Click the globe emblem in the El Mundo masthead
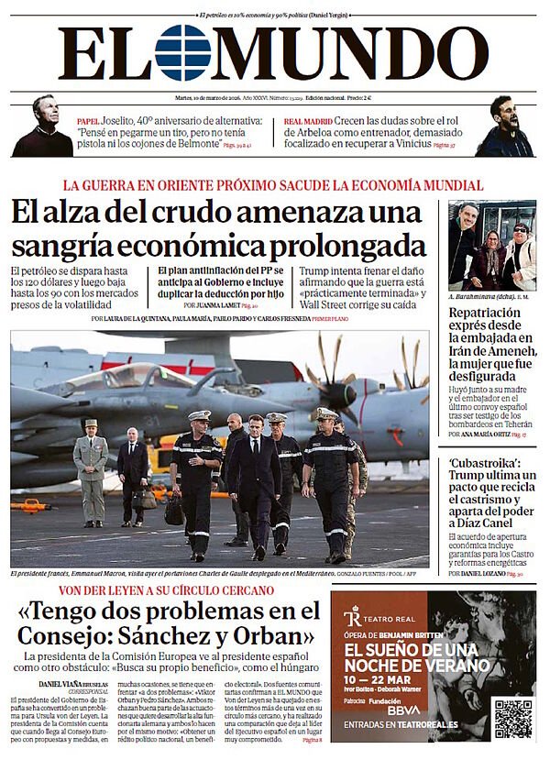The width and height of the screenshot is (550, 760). coord(182,52)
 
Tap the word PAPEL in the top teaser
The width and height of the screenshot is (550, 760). coord(87,120)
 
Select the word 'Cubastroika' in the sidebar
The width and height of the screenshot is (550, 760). coord(485,463)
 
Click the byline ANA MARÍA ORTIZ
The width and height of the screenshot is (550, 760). coord(484,435)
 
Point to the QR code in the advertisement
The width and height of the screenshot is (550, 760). coord(512,718)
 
